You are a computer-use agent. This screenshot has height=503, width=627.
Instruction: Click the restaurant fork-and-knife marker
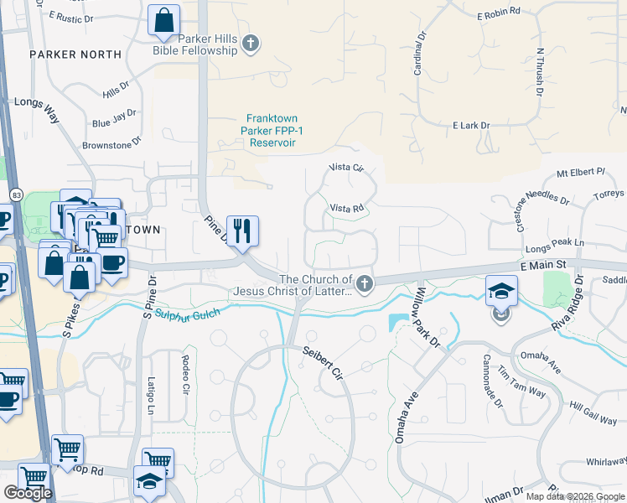click(242, 231)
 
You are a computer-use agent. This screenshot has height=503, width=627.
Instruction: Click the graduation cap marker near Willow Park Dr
click(501, 291)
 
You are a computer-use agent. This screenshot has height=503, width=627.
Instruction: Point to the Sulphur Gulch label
click(184, 313)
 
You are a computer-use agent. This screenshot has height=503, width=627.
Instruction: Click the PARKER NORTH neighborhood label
click(75, 54)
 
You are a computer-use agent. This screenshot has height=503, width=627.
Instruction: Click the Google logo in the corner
click(28, 493)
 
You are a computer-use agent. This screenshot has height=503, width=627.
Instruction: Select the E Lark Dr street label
click(470, 126)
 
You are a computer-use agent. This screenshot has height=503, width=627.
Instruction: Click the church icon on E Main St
click(364, 284)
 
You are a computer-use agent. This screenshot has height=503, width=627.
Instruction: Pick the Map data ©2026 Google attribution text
click(575, 496)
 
